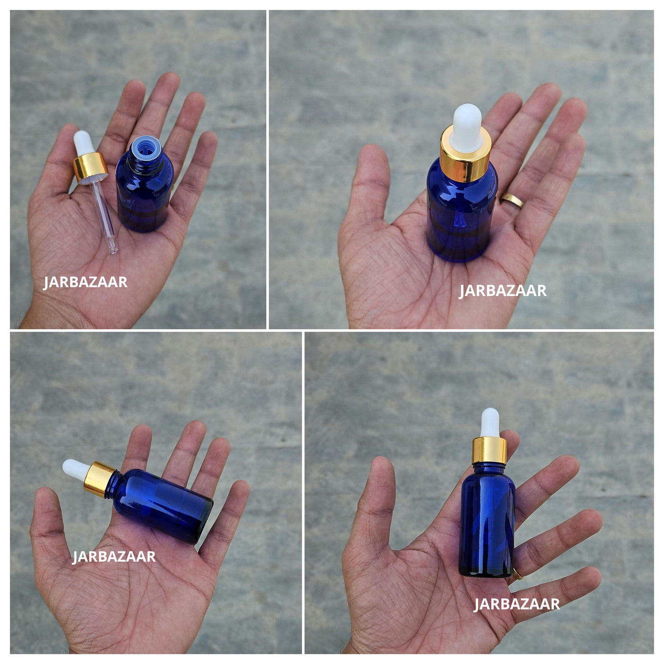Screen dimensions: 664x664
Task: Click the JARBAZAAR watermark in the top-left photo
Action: pos(85,282)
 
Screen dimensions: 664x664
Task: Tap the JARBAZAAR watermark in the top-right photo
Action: pos(502,291)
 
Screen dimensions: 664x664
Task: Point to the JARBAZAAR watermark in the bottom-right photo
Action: pos(516,604)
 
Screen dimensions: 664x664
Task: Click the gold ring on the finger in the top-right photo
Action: pos(512,200)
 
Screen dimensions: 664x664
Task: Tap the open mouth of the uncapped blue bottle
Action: pos(146,148)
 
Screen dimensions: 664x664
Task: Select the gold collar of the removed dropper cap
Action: pos(90,167)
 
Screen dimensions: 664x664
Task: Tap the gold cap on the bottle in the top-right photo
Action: pos(466,154)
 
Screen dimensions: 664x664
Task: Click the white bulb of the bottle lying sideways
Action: pos(75,470)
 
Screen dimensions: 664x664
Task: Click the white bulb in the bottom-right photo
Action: pos(489,423)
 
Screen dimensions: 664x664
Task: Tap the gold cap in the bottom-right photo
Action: pos(489,450)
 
